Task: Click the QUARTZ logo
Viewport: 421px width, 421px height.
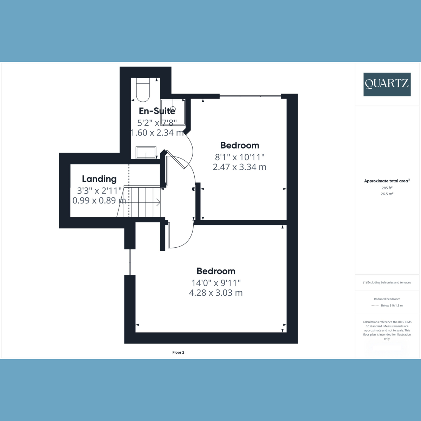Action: click(387, 84)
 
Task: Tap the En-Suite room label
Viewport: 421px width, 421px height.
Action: click(157, 111)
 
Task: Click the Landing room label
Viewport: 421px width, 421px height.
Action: click(99, 179)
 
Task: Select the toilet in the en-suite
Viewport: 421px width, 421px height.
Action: click(143, 90)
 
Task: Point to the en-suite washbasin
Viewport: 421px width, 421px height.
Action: click(146, 153)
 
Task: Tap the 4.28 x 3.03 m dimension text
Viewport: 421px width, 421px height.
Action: click(216, 293)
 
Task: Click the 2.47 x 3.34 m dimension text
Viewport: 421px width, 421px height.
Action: click(240, 167)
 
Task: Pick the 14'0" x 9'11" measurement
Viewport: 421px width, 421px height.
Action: click(216, 282)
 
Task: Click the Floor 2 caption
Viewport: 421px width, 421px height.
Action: click(178, 352)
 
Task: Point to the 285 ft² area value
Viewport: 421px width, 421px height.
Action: click(387, 188)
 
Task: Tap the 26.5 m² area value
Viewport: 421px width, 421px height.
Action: click(387, 194)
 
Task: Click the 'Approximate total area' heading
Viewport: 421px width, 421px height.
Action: click(386, 181)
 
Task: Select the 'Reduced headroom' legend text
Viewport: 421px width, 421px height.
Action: click(387, 299)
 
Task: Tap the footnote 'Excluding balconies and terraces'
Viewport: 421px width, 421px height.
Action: click(387, 282)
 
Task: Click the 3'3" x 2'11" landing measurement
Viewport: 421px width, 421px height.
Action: click(99, 191)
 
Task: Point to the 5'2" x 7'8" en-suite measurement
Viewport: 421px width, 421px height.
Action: click(156, 122)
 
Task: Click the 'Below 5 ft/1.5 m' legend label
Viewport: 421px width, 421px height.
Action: click(392, 305)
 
